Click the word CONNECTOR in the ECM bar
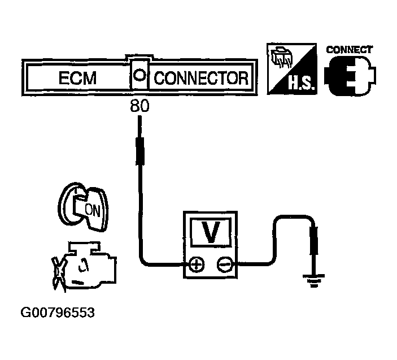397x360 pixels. click(201, 78)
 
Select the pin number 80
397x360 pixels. click(139, 106)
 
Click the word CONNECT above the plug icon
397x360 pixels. click(350, 49)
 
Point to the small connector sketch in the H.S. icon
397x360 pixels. click(280, 59)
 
